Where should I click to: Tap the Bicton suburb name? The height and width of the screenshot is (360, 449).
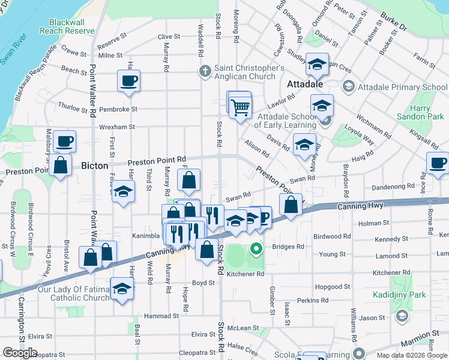click(94, 166)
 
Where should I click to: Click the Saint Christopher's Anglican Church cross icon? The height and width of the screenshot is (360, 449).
click(205, 70)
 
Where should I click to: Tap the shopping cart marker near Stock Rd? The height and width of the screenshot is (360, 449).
click(240, 107)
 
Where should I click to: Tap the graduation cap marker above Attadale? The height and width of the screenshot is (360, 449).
click(316, 64)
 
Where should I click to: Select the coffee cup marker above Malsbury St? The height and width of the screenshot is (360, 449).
click(64, 141)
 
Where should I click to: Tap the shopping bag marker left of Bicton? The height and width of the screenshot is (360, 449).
click(60, 164)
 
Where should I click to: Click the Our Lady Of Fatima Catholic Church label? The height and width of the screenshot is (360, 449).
click(74, 293)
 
